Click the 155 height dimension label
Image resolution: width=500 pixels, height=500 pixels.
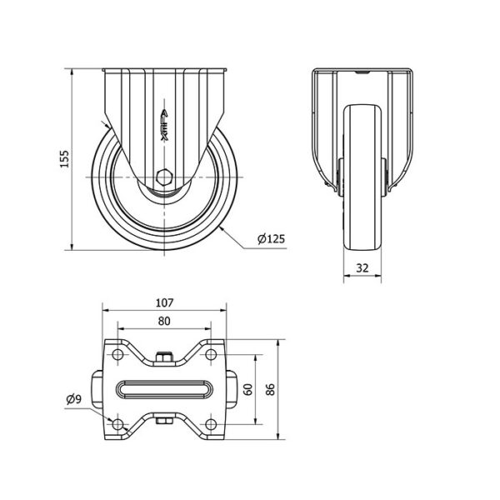[x=65, y=159]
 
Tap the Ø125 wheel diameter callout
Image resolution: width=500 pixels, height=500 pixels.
[x=271, y=238]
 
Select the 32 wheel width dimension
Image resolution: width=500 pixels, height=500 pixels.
[x=362, y=267]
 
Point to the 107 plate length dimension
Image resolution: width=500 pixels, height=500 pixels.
[x=164, y=302]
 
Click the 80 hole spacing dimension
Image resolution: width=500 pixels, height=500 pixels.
[x=164, y=321]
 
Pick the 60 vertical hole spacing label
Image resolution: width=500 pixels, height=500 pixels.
[x=248, y=389]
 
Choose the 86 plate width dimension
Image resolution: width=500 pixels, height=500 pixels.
[x=270, y=389]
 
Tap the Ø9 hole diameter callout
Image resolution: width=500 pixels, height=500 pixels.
[x=74, y=398]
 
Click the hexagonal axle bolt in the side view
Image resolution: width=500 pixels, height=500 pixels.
[x=164, y=177]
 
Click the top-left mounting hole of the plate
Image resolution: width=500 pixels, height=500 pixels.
[x=118, y=354]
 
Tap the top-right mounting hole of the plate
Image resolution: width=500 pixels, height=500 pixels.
[x=211, y=354]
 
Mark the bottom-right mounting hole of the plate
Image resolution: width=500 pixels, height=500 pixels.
[x=211, y=424]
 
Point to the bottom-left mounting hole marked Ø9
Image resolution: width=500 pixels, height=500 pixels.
[x=118, y=424]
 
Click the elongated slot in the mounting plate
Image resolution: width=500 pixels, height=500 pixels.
[x=164, y=389]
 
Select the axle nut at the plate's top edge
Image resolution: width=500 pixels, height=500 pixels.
[x=164, y=357]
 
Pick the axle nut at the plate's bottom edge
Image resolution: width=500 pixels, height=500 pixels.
[x=164, y=421]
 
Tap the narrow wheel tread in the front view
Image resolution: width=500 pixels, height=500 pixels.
[x=362, y=177]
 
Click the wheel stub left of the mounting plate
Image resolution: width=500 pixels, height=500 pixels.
[x=97, y=389]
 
